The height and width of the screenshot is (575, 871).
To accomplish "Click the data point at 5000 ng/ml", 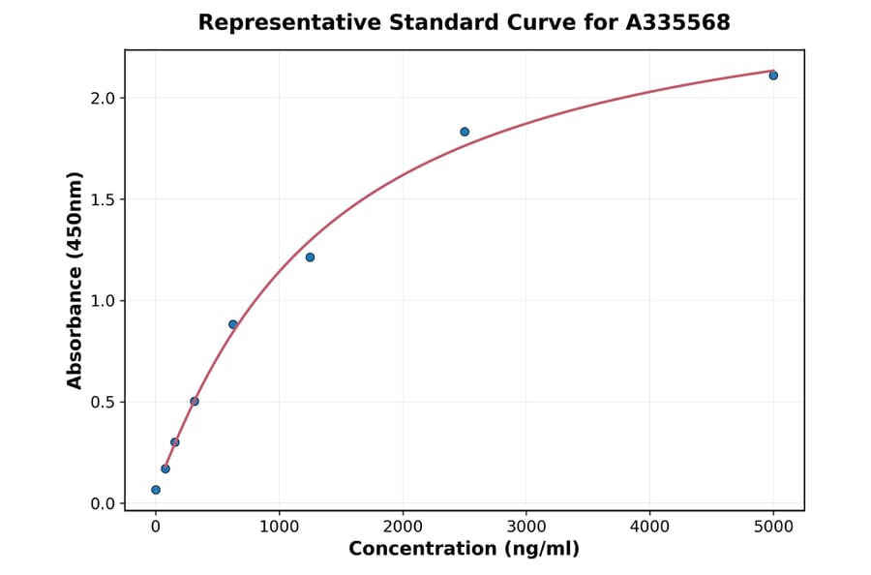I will click(x=773, y=76).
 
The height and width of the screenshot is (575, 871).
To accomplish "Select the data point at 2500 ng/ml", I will click(x=465, y=132).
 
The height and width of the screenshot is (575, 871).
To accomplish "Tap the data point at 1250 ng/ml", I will click(x=310, y=257).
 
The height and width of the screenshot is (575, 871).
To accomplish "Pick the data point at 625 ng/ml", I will click(x=233, y=324).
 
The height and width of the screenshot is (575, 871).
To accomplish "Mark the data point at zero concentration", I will click(x=156, y=490).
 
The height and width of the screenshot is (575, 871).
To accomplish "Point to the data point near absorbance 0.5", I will click(x=195, y=401).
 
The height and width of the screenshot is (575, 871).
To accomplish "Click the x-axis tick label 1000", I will click(x=279, y=527).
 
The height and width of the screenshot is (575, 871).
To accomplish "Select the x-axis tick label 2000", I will click(x=403, y=527).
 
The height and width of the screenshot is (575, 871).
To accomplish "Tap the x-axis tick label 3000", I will click(x=526, y=527).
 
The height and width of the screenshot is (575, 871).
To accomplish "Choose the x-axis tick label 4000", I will click(x=649, y=527).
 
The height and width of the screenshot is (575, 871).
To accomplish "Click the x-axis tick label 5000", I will click(x=773, y=527).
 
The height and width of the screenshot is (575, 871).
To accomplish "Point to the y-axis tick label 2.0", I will click(x=103, y=98).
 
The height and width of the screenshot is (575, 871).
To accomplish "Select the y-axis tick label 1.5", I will click(x=103, y=199).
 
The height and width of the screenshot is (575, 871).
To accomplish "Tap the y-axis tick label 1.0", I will click(x=103, y=301).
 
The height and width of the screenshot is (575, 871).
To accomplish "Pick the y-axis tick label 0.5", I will click(x=103, y=402).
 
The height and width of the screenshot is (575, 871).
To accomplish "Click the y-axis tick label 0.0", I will click(x=103, y=503).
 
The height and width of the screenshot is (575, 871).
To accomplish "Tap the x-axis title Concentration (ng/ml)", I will click(x=464, y=550).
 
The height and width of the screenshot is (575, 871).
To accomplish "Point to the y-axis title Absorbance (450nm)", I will click(x=75, y=280).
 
